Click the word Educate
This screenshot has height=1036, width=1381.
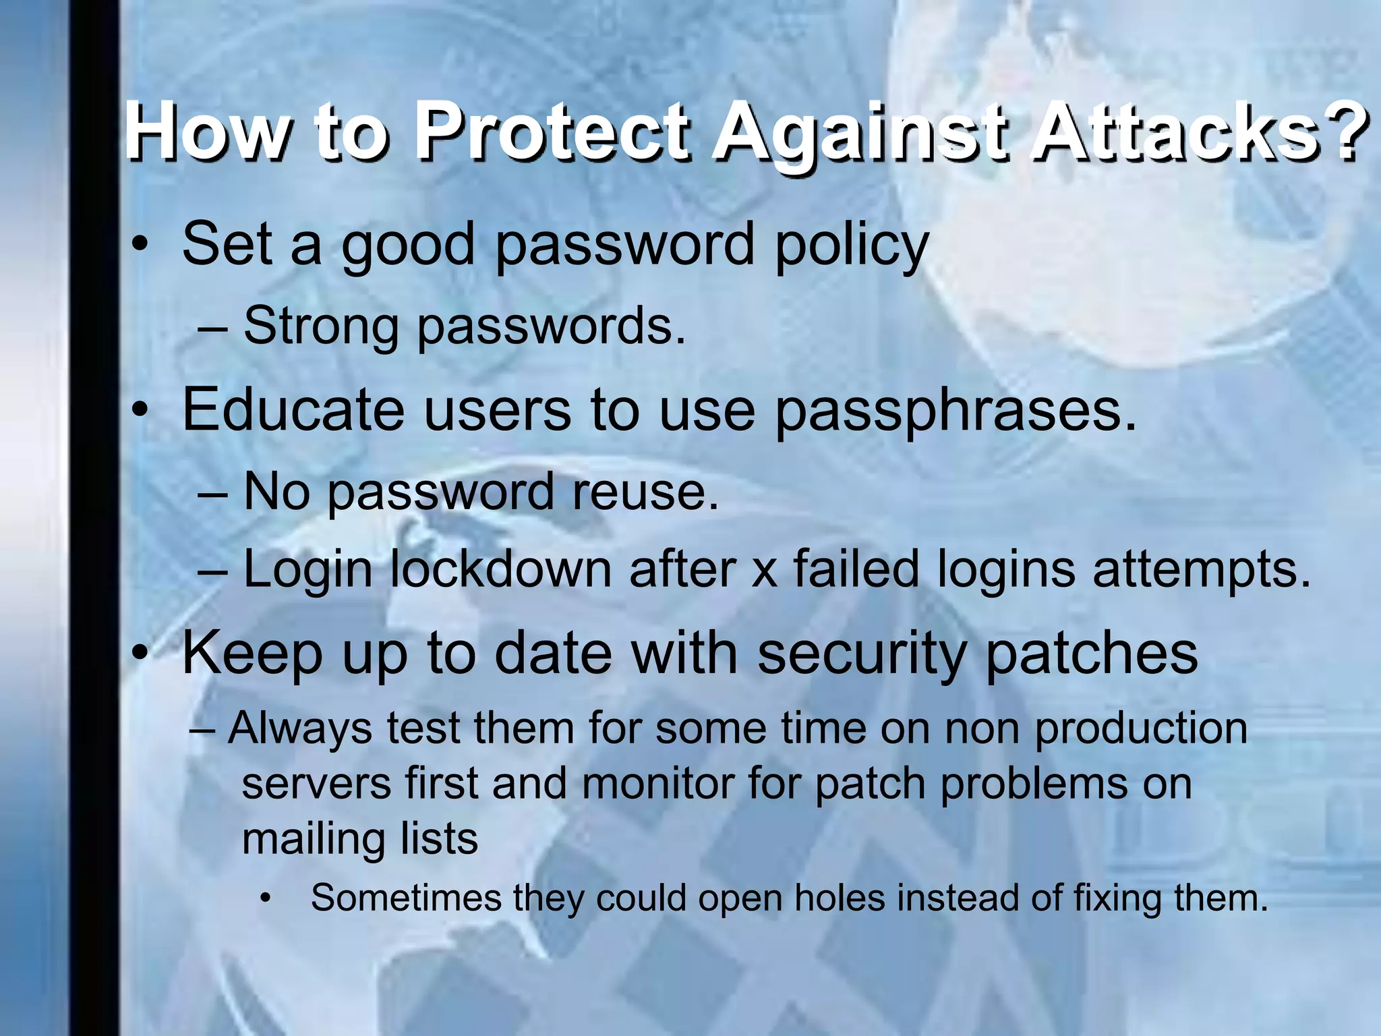pyautogui.click(x=293, y=410)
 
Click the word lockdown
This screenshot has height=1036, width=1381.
pyautogui.click(x=500, y=570)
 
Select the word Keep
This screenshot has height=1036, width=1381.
pyautogui.click(x=252, y=654)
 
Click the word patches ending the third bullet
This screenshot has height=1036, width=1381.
pyautogui.click(x=1092, y=654)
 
